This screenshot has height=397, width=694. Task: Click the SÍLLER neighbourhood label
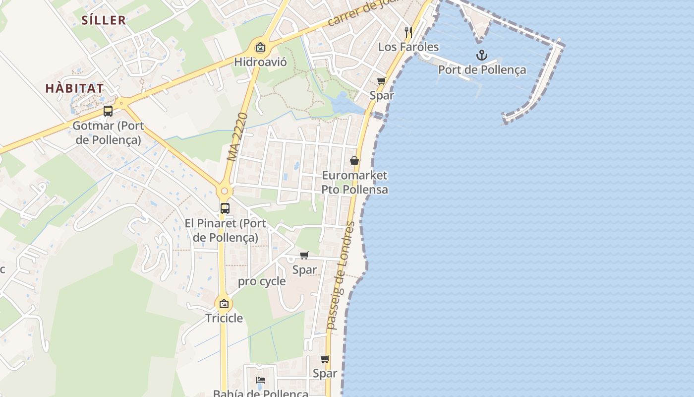tap(103, 20)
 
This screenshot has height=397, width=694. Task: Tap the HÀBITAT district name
tap(75, 88)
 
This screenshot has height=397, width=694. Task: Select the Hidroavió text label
tap(260, 62)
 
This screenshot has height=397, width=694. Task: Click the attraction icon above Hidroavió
tap(260, 48)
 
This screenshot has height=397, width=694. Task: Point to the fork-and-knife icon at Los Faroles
tap(408, 32)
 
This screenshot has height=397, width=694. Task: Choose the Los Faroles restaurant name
tap(408, 47)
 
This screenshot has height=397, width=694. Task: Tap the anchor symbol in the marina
tap(481, 55)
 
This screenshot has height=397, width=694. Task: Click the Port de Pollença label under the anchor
tap(481, 69)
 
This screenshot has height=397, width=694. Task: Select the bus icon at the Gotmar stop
tap(108, 111)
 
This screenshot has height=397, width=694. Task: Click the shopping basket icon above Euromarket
tap(354, 161)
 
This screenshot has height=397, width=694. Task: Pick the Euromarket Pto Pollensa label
tap(354, 182)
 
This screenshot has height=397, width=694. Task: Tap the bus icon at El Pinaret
tap(225, 208)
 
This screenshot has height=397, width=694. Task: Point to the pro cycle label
tap(262, 281)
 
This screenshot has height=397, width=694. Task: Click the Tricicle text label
tap(225, 318)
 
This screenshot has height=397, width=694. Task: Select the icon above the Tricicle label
tap(224, 304)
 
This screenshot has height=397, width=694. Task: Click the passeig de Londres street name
tap(342, 275)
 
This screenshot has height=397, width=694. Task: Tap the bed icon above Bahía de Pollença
tap(261, 380)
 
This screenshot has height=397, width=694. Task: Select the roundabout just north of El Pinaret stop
tap(225, 191)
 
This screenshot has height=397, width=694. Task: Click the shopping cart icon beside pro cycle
tap(304, 256)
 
